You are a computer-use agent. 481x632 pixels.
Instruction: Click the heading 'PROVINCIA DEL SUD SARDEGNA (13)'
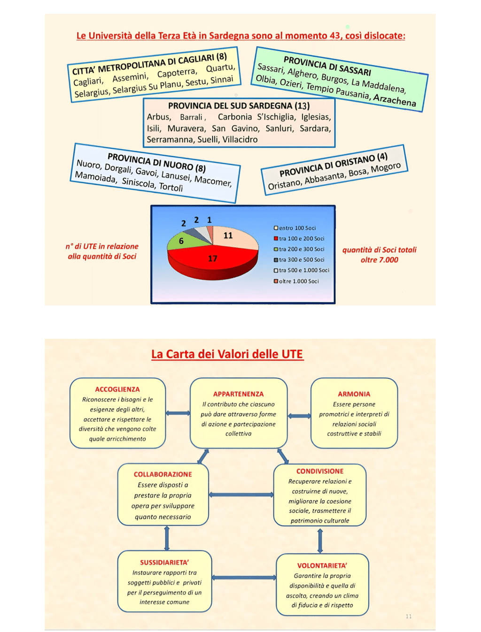click(239, 106)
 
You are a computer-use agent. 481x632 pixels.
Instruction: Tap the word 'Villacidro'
click(240, 139)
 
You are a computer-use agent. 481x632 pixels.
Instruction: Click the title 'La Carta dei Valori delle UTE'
click(227, 354)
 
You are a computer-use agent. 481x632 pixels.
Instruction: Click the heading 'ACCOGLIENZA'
click(117, 389)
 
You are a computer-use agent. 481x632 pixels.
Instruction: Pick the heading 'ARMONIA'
click(354, 394)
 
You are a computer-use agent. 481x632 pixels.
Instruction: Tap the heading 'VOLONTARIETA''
click(322, 565)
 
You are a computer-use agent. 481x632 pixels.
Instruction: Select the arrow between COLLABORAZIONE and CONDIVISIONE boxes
click(241, 495)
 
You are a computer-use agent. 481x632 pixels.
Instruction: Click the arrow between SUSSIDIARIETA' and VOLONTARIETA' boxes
click(244, 578)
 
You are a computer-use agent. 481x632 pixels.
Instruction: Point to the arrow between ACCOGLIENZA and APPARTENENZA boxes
click(178, 413)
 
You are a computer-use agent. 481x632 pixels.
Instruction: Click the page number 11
click(409, 617)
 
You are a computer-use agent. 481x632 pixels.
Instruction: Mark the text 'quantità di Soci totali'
click(379, 250)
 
